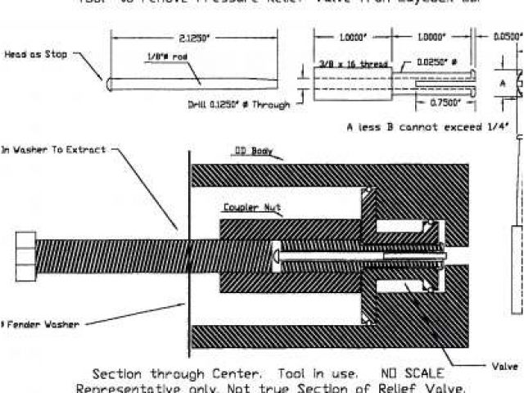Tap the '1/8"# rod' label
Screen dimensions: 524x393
point(154,56)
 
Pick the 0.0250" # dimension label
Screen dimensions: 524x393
point(438,61)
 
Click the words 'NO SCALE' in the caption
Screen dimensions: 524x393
point(412,373)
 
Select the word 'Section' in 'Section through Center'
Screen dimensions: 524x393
point(120,373)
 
